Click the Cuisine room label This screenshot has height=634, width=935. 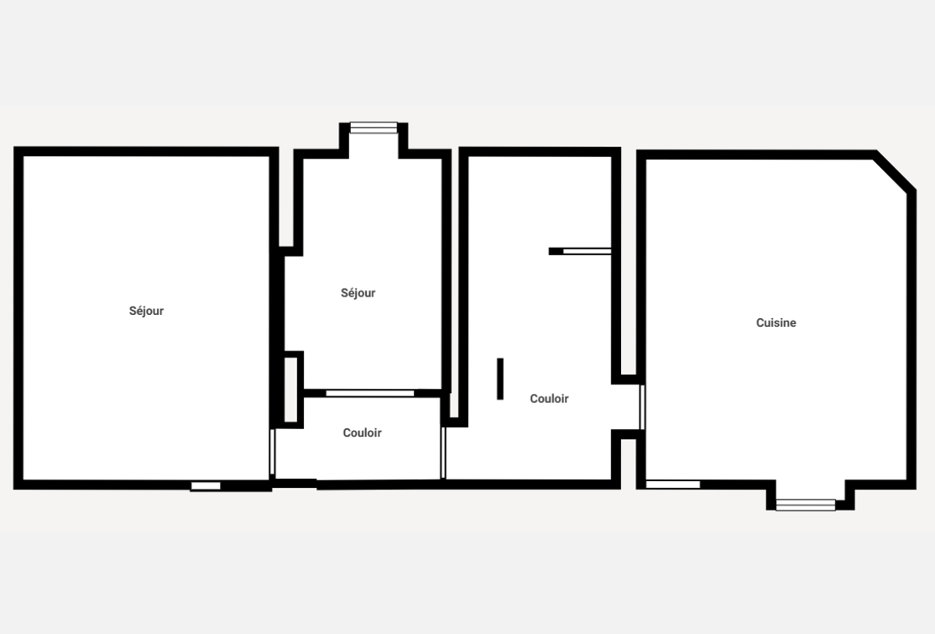pyautogui.click(x=776, y=323)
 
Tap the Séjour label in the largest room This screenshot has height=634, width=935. pyautogui.click(x=146, y=311)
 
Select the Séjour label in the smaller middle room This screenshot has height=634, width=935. pyautogui.click(x=358, y=293)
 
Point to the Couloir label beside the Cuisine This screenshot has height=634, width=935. pyautogui.click(x=549, y=398)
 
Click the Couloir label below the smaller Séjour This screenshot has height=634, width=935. pyautogui.click(x=362, y=433)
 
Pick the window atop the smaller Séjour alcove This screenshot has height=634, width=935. pyautogui.click(x=373, y=128)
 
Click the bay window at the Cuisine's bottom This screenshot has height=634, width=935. pyautogui.click(x=805, y=505)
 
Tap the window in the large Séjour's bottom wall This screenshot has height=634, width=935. pyautogui.click(x=206, y=486)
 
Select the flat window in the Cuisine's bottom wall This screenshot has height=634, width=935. pyautogui.click(x=673, y=484)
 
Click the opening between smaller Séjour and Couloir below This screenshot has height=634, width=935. pyautogui.click(x=370, y=393)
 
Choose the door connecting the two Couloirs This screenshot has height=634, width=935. pyautogui.click(x=443, y=453)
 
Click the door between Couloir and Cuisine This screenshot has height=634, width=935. pyautogui.click(x=642, y=407)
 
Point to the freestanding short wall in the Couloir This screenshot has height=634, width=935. pyautogui.click(x=500, y=379)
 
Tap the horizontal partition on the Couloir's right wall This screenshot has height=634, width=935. pyautogui.click(x=580, y=251)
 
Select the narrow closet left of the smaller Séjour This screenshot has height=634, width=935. pyautogui.click(x=291, y=390)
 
